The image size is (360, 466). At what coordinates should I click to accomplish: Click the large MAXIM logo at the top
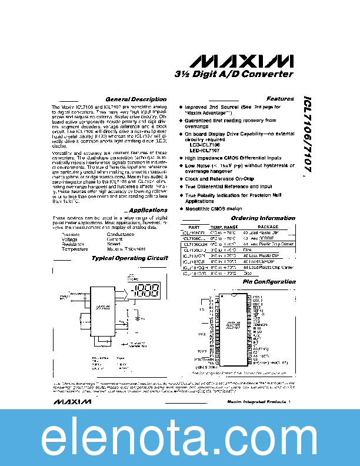(x=242, y=61)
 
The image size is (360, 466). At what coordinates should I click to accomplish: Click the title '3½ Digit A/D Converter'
(x=234, y=75)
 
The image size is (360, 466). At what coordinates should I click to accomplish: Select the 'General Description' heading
(x=136, y=99)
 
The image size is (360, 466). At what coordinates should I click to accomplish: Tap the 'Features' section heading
(x=280, y=99)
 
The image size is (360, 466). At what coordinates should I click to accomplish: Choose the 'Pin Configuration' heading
(x=269, y=282)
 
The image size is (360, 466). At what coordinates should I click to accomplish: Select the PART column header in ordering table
(x=194, y=227)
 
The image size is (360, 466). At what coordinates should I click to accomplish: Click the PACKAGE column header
(x=268, y=227)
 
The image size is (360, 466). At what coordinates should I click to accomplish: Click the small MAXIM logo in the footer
(x=71, y=402)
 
